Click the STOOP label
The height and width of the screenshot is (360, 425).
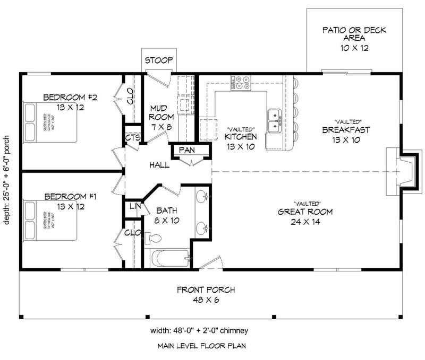pyautogui.click(x=159, y=60)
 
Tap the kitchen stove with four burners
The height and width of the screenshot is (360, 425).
pyautogui.click(x=241, y=82)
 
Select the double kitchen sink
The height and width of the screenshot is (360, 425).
pyautogui.click(x=275, y=120)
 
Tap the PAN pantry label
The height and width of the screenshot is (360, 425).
pyautogui.click(x=186, y=151)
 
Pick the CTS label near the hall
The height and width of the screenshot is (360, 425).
pyautogui.click(x=133, y=138)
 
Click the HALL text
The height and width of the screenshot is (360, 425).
pyautogui.click(x=159, y=165)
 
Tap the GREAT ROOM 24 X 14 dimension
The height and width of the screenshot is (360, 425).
pyautogui.click(x=305, y=222)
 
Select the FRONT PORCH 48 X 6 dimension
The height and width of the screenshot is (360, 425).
pyautogui.click(x=206, y=300)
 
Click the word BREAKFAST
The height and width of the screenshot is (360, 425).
pyautogui.click(x=346, y=129)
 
